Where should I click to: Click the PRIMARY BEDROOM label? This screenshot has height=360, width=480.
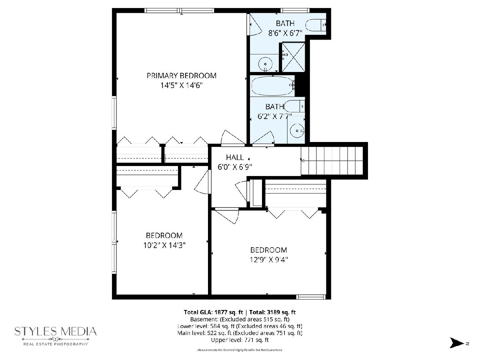182,76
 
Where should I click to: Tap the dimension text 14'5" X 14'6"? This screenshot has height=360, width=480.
182,85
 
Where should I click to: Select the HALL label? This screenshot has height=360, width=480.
235,157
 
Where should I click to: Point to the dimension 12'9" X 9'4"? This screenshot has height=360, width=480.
268,260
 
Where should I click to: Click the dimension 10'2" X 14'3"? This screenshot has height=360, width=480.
164,245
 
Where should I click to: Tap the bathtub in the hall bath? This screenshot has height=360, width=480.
272,86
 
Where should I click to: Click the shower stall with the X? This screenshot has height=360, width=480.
293,57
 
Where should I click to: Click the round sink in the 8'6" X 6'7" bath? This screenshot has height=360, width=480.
265,64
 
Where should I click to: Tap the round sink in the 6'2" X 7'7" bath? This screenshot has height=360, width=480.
297,131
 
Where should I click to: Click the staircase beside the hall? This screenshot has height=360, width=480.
332,161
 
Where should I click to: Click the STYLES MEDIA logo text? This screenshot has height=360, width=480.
56,331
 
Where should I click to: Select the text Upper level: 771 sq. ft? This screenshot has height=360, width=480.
240,340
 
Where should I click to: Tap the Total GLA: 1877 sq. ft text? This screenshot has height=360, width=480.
214,312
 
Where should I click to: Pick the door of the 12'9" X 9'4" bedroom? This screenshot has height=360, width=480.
226,216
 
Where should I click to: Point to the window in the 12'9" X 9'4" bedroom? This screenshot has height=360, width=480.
311,297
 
